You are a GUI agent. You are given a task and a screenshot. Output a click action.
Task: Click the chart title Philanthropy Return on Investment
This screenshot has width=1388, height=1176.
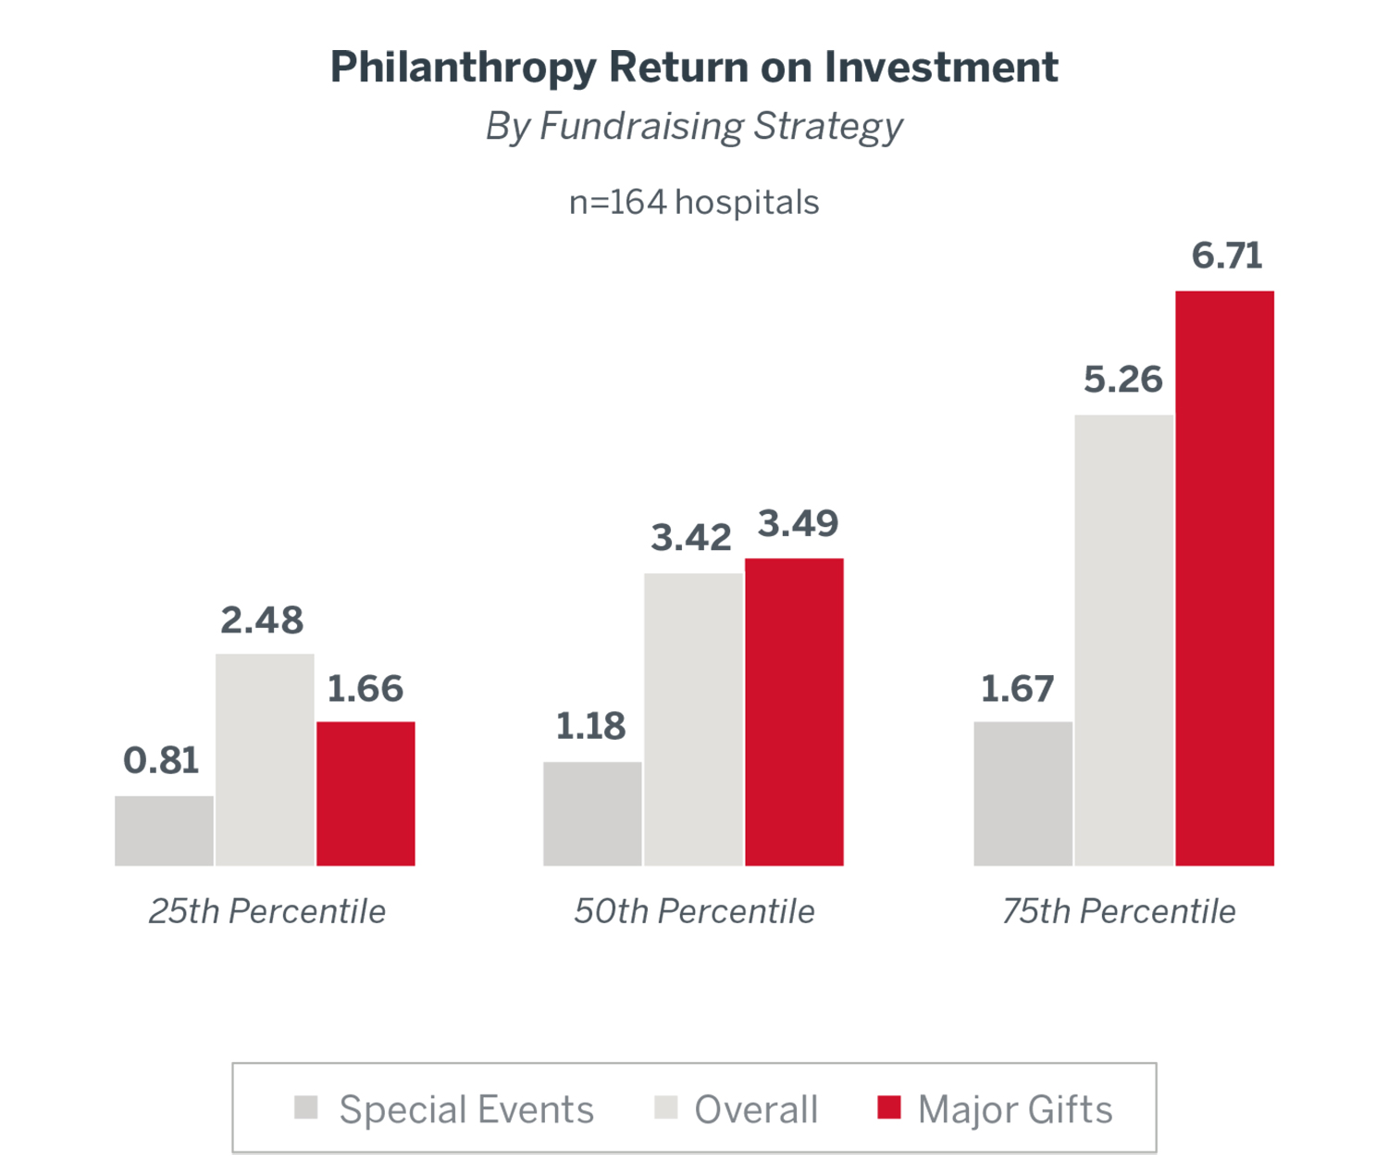click(x=694, y=68)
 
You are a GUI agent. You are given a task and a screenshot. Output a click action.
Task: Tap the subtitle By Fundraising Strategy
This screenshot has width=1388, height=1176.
click(x=694, y=127)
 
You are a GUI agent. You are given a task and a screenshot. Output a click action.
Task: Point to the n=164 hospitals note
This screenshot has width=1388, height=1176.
click(x=694, y=202)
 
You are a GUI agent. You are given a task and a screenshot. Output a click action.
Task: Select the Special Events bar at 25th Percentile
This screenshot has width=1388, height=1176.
click(x=164, y=831)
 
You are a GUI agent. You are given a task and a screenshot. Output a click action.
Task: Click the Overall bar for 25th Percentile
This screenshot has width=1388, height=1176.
click(x=265, y=759)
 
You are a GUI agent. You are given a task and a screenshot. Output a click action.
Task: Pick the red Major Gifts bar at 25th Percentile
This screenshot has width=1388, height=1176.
click(x=366, y=794)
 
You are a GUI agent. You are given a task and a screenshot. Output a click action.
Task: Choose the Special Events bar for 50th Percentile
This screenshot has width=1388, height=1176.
click(x=592, y=814)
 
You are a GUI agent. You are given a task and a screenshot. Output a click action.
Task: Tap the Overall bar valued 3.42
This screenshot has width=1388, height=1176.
click(x=693, y=719)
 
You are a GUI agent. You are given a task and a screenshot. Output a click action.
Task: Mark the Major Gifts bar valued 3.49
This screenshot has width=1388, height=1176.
click(x=794, y=712)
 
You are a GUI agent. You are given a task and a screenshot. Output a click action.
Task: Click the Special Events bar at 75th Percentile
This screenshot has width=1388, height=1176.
click(x=1022, y=794)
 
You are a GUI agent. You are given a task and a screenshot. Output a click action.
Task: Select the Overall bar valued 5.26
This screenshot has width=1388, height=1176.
click(x=1123, y=640)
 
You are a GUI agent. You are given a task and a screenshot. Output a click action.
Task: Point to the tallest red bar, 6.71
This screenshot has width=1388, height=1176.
click(x=1224, y=579)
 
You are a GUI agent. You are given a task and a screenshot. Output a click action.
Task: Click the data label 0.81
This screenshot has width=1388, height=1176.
click(x=161, y=760)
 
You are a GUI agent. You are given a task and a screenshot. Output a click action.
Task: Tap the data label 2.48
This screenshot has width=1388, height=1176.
click(x=262, y=620)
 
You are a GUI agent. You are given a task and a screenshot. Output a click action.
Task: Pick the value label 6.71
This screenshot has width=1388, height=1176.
click(x=1227, y=256)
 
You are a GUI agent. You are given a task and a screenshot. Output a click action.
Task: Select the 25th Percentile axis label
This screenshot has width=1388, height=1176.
click(x=266, y=911)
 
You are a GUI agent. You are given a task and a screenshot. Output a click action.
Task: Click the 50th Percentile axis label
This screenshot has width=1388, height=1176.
click(x=694, y=911)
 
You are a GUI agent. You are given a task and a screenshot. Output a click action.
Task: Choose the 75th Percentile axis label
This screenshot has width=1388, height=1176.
click(x=1119, y=911)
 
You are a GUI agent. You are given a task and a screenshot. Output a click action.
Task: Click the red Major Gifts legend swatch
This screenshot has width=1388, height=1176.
click(x=888, y=1107)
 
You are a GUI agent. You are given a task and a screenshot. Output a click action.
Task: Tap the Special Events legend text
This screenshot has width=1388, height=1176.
click(x=466, y=1109)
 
